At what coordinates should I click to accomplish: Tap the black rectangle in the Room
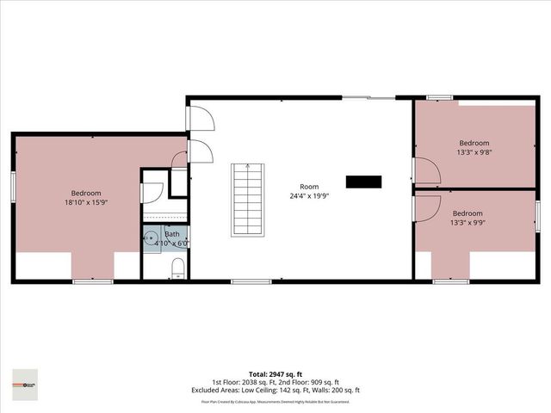(x=363, y=182)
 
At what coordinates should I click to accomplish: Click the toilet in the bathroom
(x=176, y=272)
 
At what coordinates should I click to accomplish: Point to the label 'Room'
(x=308, y=187)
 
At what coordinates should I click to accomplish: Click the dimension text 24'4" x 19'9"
(x=308, y=195)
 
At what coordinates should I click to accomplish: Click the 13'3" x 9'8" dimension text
(x=474, y=152)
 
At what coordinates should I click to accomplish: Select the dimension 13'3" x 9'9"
(x=467, y=222)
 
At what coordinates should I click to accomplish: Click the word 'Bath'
(x=172, y=234)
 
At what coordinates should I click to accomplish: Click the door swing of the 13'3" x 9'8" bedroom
(x=426, y=170)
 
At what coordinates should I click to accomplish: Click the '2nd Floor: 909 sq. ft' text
(x=309, y=382)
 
